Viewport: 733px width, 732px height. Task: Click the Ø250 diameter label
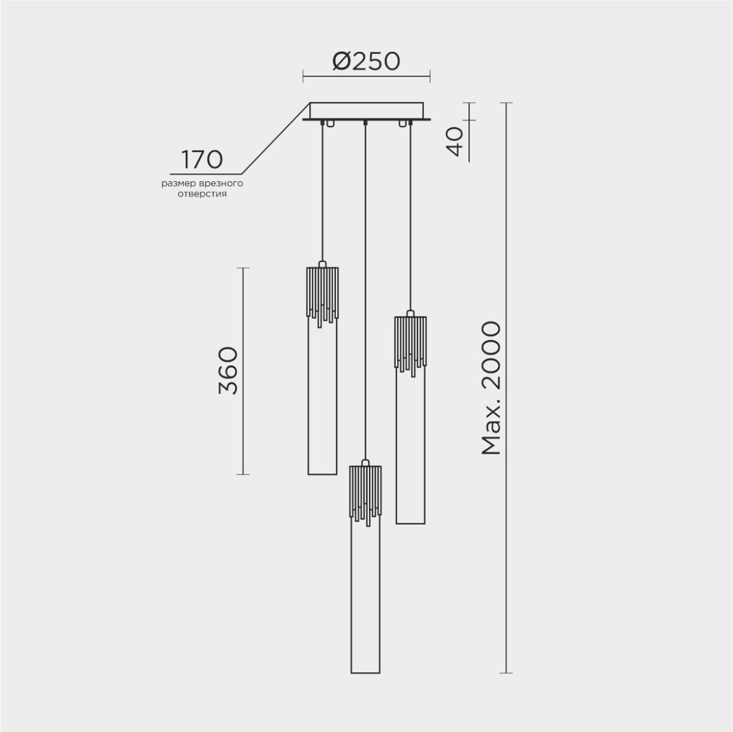(x=366, y=61)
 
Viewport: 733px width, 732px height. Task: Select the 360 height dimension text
(x=227, y=371)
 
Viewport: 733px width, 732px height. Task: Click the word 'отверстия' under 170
(x=202, y=194)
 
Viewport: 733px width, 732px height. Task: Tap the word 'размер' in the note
(x=178, y=183)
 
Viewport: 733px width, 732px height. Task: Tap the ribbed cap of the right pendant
(x=410, y=341)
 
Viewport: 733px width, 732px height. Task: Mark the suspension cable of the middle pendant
(x=365, y=275)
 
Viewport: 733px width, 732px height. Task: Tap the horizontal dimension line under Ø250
(x=366, y=78)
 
